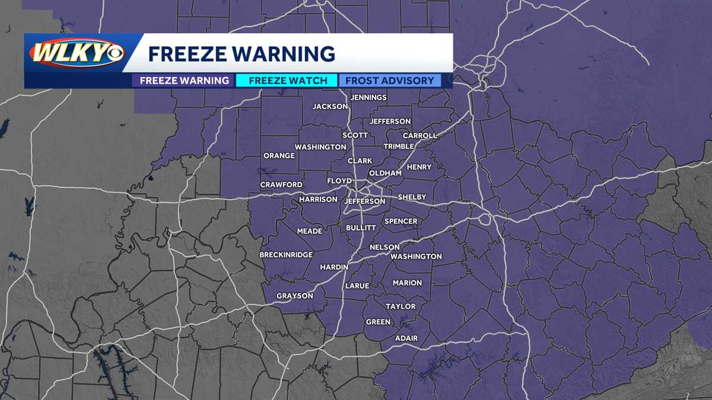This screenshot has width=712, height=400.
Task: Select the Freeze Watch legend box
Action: pos(288,81)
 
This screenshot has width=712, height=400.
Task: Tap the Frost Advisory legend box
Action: pos(390,81)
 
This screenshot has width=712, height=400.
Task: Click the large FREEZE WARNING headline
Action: pos(241,54)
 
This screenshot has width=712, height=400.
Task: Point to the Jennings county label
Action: pos(368,97)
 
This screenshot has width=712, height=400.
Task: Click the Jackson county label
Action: pos(330,107)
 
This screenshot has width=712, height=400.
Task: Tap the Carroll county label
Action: pos(419,136)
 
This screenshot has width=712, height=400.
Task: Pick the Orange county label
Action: pos(279,156)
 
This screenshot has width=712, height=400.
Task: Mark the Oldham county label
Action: pos(385,173)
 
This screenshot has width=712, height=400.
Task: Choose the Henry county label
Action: pos(419,167)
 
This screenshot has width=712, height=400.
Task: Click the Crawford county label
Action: pos(281,185)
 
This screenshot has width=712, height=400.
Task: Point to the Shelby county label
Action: pos(412,197)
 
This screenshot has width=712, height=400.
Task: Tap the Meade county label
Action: pos(310,231)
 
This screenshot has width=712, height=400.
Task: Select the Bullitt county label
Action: pos(361,228)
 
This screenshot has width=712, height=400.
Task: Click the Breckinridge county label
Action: pos(286,255)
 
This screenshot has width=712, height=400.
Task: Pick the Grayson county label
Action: pos(294,296)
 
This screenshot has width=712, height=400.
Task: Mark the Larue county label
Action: pos(357,286)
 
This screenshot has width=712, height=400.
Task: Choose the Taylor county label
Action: pos(401,306)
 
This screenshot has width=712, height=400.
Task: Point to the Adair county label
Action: pos(406,338)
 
